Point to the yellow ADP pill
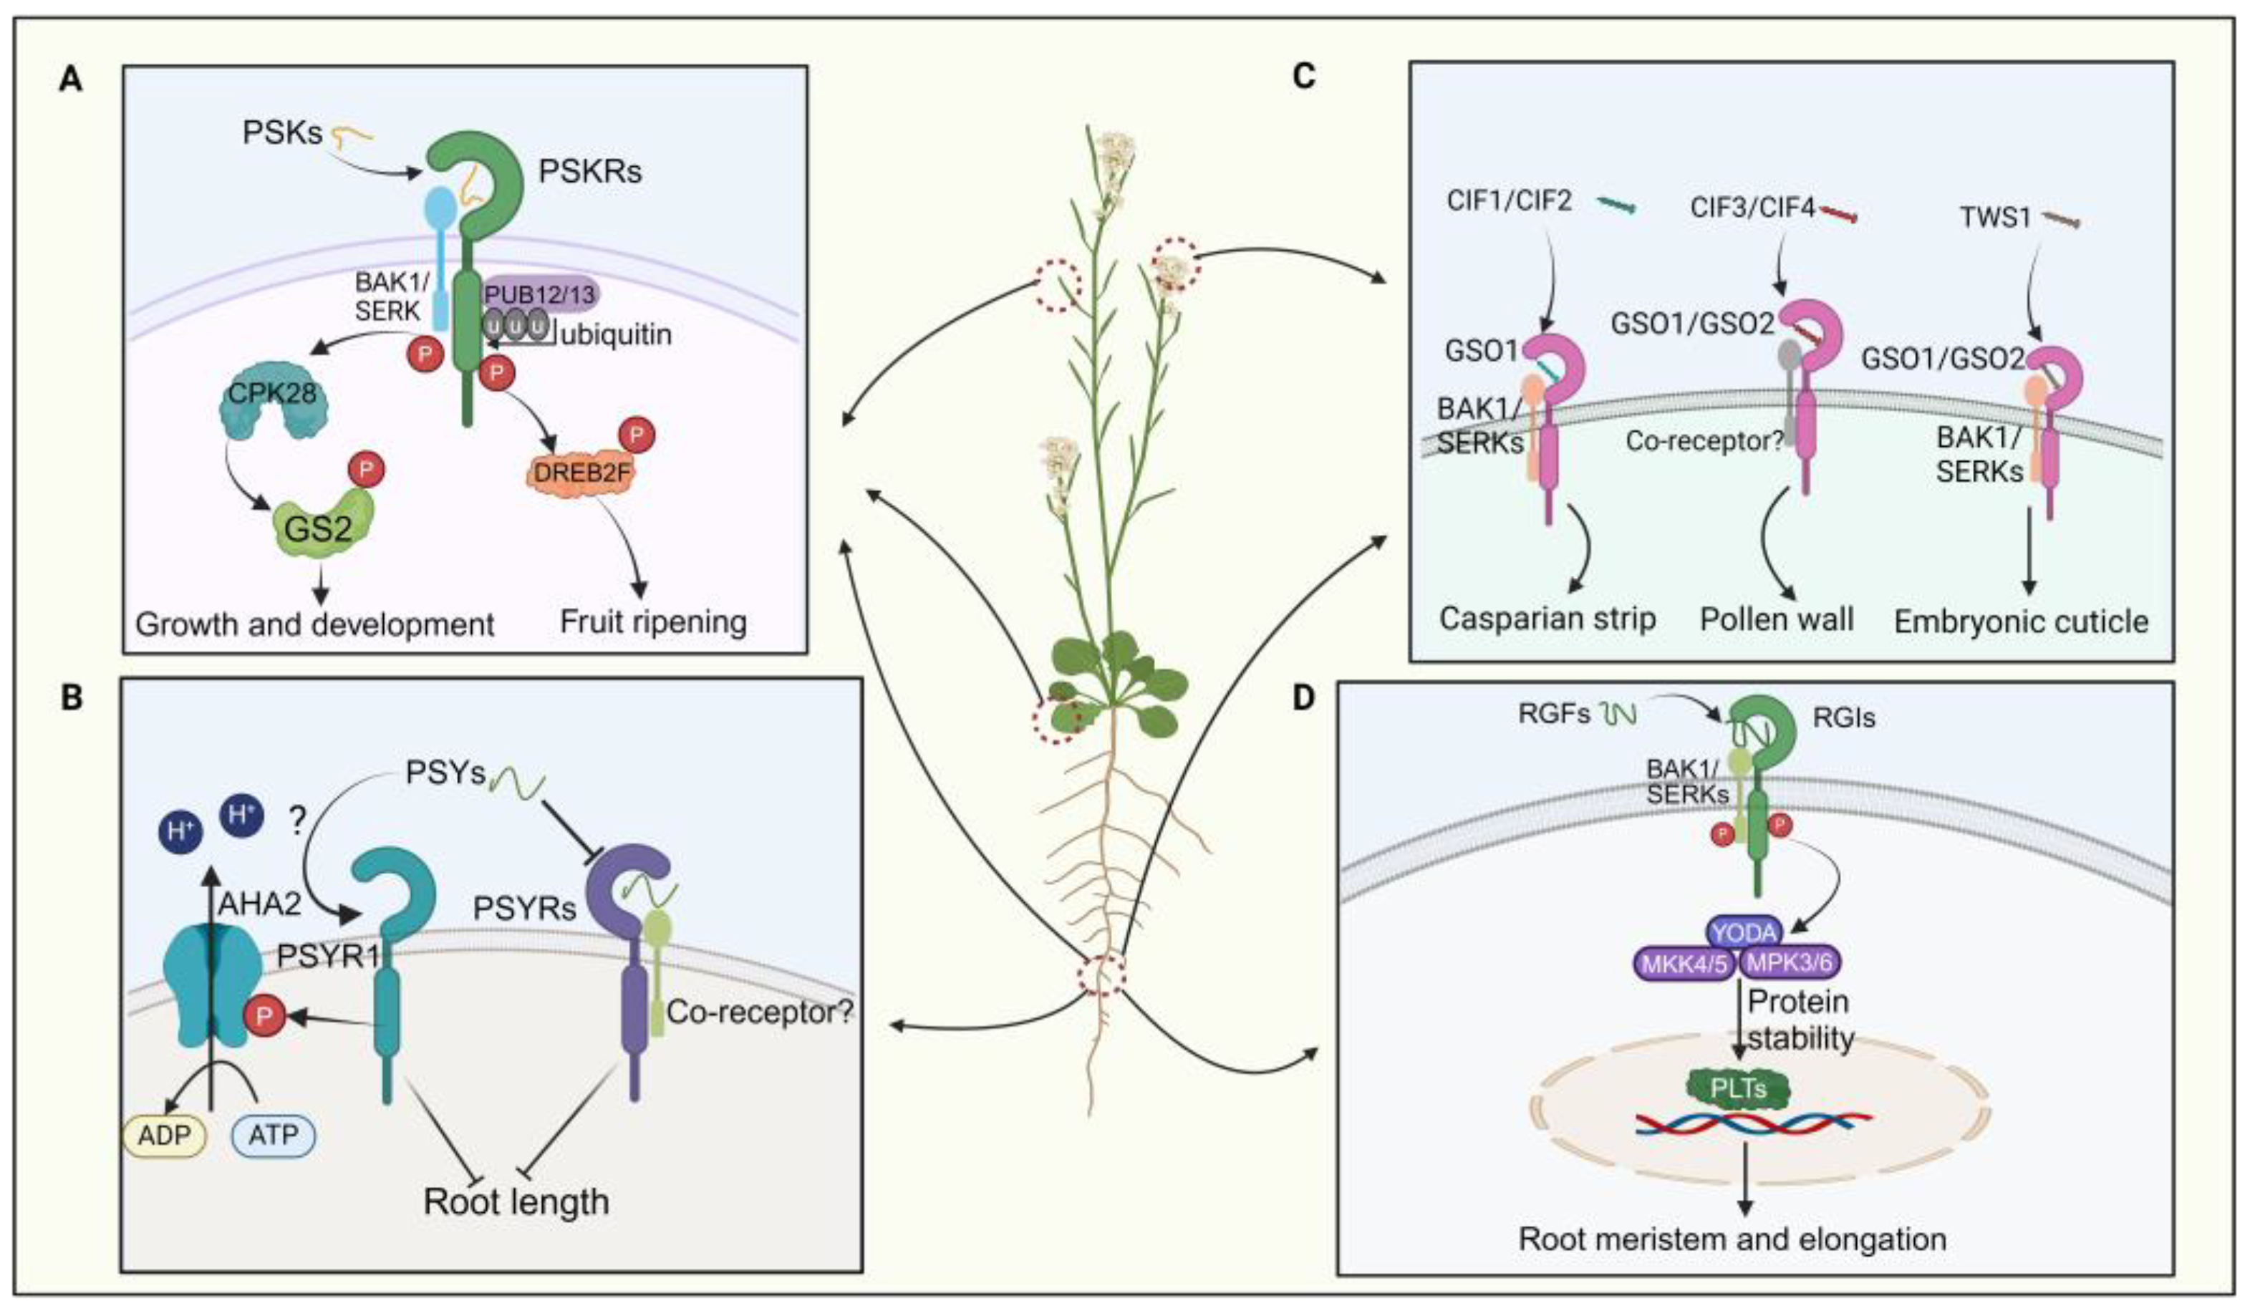(x=164, y=1135)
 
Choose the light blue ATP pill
(x=274, y=1135)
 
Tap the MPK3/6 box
(x=1791, y=963)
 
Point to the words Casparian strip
(x=1548, y=619)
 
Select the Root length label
(x=516, y=1201)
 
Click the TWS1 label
(x=1996, y=217)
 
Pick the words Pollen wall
(x=1776, y=619)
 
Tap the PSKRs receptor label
(x=589, y=170)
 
